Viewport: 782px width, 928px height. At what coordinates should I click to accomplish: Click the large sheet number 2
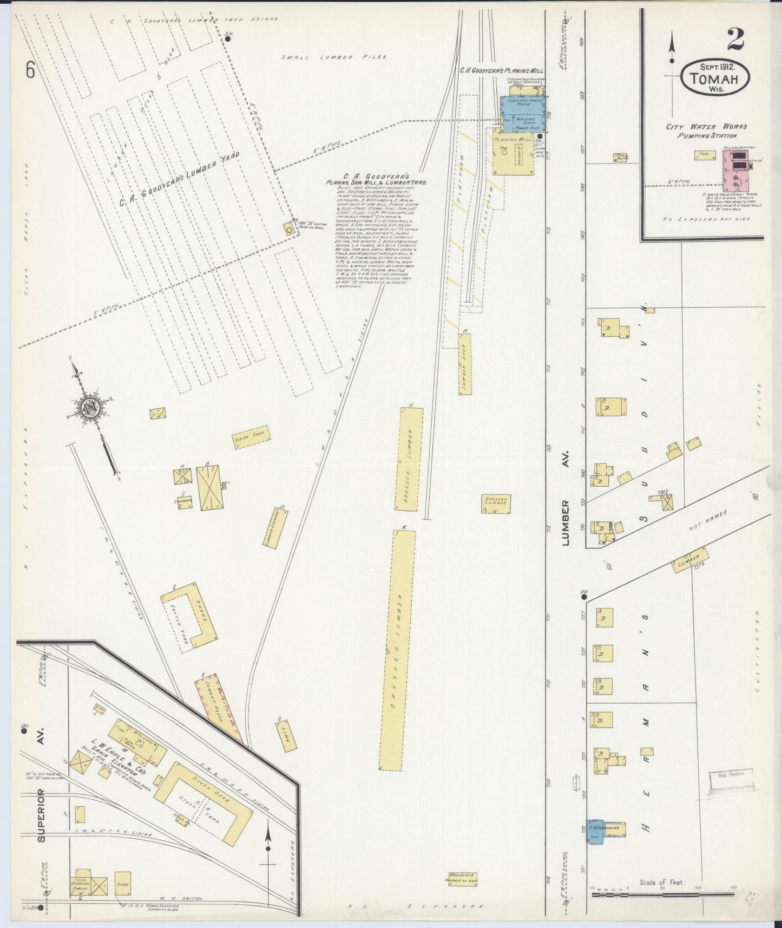[x=736, y=38]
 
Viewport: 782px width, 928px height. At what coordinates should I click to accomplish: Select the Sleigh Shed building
[x=251, y=436]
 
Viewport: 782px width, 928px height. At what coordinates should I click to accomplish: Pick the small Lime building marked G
[x=285, y=735]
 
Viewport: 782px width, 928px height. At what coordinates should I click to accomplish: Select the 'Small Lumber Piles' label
[x=334, y=57]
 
